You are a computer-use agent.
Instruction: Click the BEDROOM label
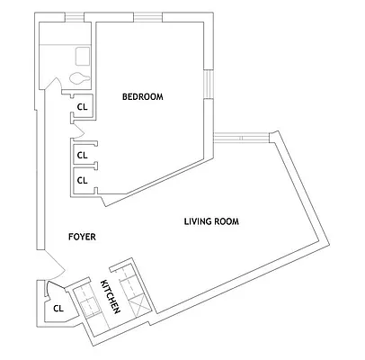[143, 97]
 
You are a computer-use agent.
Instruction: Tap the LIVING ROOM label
[211, 221]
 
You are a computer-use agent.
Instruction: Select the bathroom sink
[82, 55]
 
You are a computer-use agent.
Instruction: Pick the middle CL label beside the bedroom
[82, 155]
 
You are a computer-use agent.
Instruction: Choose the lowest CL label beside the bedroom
[82, 179]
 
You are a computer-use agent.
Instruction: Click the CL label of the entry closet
[58, 309]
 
